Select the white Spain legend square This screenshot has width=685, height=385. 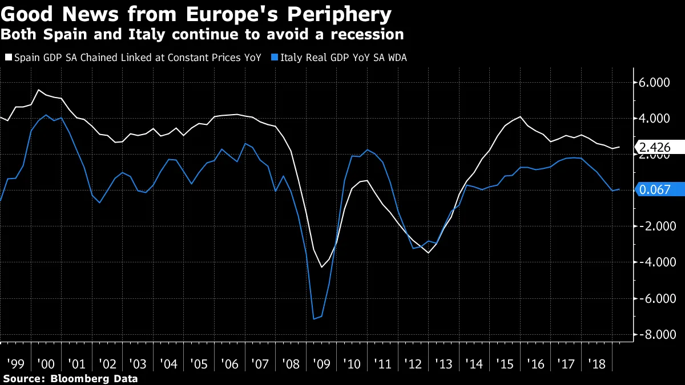pos(8,57)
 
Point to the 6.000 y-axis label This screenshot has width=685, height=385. pos(654,83)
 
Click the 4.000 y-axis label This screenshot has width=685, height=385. pos(654,119)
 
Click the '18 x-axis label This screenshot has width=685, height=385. pos(595,364)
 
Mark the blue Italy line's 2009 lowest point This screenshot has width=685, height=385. pos(315,319)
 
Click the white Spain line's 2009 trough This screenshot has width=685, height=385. pos(321,267)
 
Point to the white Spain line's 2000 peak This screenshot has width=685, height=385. pos(38,90)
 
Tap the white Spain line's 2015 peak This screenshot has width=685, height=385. pos(520,116)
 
